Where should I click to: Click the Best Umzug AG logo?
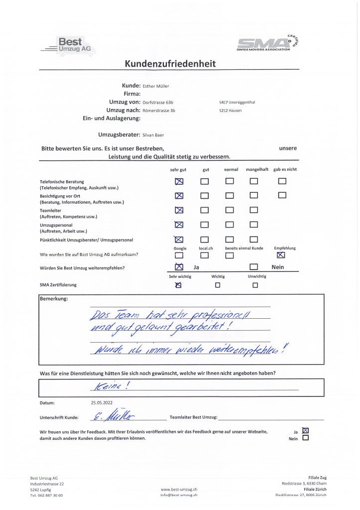pos(69,45)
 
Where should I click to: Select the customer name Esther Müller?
pos(155,86)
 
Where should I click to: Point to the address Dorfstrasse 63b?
pos(159,102)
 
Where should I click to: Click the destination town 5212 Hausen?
pos(230,111)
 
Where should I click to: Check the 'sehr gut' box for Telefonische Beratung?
pos(179,181)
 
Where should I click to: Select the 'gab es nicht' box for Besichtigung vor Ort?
pos(282,195)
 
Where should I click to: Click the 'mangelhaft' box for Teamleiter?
pos(254,210)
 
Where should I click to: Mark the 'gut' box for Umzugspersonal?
pos(205,225)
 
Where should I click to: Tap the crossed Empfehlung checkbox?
pos(281,255)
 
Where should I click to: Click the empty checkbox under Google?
pos(179,255)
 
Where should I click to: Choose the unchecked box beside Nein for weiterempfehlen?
pos(254,267)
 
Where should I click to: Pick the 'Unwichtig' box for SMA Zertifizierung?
pos(255,285)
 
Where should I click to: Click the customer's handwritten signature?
pos(114,416)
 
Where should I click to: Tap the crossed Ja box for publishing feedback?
pos(305,430)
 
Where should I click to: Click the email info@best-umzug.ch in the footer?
pos(179,495)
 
